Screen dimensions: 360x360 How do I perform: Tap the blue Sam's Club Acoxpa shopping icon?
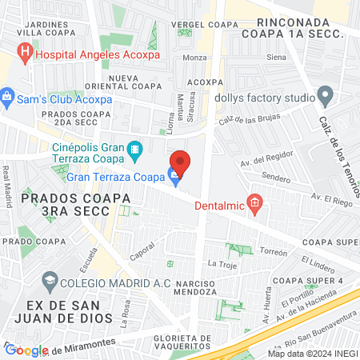pos(8,99)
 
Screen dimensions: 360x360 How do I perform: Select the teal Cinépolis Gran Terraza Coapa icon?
pos(135,149)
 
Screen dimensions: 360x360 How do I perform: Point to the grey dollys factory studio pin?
pos(325,98)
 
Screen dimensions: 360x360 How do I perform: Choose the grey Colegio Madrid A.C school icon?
pos(50,280)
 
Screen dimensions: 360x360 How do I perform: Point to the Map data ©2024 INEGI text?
pos(313,354)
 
